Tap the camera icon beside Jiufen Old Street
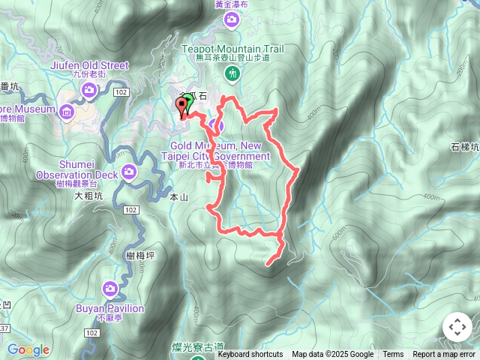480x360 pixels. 89,91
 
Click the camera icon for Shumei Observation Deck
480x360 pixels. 130,173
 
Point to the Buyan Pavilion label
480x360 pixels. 109,307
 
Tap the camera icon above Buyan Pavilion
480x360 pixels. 110,288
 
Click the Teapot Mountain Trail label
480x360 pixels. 232,48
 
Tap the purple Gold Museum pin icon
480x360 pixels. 217,124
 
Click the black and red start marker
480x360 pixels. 181,106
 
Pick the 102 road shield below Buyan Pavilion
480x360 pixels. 91,331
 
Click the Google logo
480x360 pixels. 28,349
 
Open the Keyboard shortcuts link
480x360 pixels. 250,355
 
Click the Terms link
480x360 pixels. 393,355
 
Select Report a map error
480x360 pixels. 445,355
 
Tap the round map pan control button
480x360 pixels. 457,328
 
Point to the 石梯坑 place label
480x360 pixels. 465,148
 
